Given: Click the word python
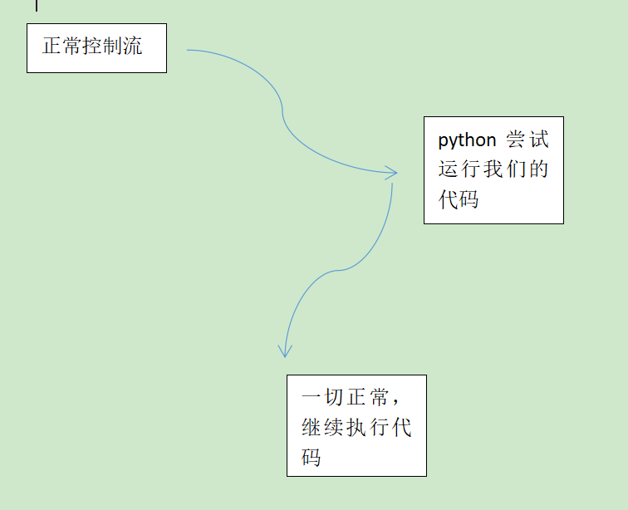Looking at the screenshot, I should click(x=467, y=140).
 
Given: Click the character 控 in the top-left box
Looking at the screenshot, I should click(x=92, y=47).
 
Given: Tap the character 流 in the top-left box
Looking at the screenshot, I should click(x=133, y=47).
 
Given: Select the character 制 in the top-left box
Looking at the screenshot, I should click(x=113, y=47).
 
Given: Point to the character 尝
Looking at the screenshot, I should click(x=516, y=140).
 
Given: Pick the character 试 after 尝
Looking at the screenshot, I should click(x=538, y=140).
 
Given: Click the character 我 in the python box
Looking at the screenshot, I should click(x=493, y=169).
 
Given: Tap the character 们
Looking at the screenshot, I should click(x=516, y=169).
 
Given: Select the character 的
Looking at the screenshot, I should click(x=538, y=169).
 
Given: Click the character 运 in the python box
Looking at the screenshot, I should click(x=449, y=169).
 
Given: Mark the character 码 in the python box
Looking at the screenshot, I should click(x=469, y=199).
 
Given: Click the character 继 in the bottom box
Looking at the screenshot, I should click(x=312, y=429).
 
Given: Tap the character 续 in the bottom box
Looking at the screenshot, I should click(x=334, y=429).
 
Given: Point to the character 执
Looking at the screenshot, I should click(x=356, y=429).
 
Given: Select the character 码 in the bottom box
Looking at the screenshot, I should click(x=312, y=458).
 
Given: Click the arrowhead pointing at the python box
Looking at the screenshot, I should click(x=393, y=173).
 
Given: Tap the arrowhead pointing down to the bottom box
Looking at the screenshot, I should click(x=285, y=351).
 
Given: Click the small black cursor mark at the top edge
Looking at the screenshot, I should click(x=37, y=4).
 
